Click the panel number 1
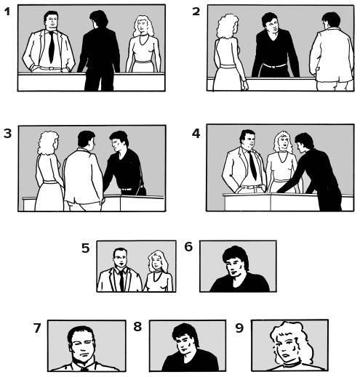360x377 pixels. (x=7, y=12)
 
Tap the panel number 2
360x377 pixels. (x=196, y=12)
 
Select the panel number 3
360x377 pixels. (x=7, y=134)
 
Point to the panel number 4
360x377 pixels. (x=196, y=134)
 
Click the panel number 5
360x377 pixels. (x=85, y=248)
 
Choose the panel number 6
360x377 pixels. (x=188, y=247)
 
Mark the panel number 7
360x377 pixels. (x=37, y=328)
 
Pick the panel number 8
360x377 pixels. (x=137, y=327)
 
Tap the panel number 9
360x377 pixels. (x=239, y=328)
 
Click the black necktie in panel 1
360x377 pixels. (x=51, y=47)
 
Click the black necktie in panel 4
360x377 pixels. (x=252, y=166)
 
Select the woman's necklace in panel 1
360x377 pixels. (x=144, y=40)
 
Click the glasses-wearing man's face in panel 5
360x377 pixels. (x=121, y=259)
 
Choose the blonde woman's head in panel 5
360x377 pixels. (x=157, y=261)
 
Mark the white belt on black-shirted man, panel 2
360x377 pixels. (x=274, y=65)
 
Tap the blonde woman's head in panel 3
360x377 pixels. (x=48, y=143)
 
